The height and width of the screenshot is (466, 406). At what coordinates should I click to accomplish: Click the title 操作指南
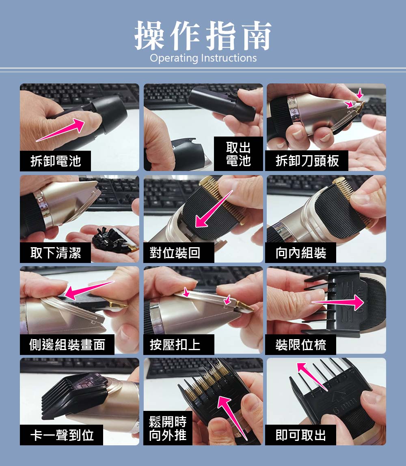(203, 36)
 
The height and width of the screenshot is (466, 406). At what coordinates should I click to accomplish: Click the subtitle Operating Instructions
(203, 58)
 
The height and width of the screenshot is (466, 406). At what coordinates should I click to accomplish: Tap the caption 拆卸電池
(56, 161)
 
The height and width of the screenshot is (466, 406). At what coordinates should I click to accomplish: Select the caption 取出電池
(238, 154)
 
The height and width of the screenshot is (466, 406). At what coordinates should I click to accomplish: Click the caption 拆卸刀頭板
(307, 161)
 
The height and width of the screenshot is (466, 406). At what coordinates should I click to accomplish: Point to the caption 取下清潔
(56, 253)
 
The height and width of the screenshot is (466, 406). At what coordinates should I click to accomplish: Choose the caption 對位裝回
(175, 253)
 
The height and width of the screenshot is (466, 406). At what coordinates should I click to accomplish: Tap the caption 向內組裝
(301, 253)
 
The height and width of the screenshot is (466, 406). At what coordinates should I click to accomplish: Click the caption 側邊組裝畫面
(67, 345)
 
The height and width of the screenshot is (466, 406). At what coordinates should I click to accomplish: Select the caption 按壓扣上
(175, 345)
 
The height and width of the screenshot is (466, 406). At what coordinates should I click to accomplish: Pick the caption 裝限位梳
(301, 345)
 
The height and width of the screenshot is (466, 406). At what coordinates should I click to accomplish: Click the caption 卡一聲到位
(62, 435)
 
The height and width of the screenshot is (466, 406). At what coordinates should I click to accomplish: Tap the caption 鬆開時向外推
(168, 429)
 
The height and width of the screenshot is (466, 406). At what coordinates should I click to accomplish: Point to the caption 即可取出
(301, 435)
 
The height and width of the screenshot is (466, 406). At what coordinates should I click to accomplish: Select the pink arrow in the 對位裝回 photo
(213, 209)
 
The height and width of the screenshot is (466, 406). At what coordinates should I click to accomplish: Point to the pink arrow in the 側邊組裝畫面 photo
(89, 290)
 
